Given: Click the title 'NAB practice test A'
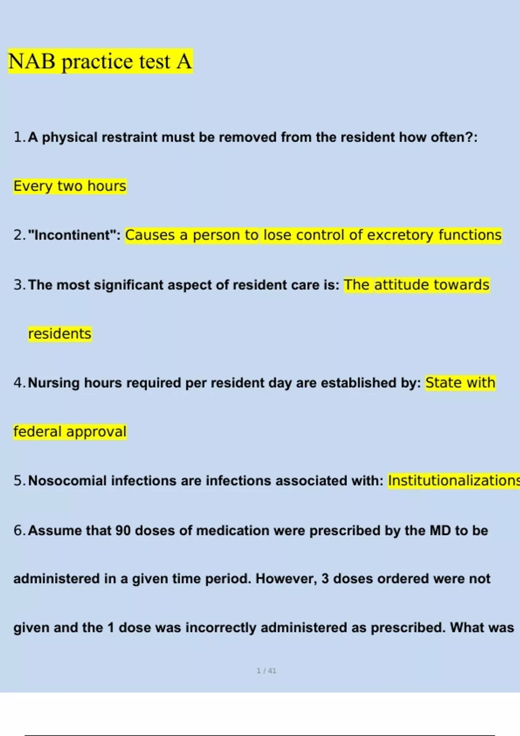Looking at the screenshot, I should click(x=100, y=61).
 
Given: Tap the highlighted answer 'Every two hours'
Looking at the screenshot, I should click(x=70, y=186).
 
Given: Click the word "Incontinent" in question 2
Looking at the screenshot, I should click(x=71, y=235).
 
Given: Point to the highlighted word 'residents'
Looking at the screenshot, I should click(x=60, y=334).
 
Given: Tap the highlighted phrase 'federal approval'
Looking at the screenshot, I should click(x=70, y=432).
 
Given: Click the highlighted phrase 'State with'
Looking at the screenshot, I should click(x=460, y=383).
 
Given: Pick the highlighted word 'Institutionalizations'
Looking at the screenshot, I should click(x=453, y=481).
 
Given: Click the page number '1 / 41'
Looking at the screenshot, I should click(x=266, y=671).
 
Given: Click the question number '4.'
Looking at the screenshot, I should click(x=19, y=383).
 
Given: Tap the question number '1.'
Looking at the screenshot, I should click(x=19, y=137).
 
